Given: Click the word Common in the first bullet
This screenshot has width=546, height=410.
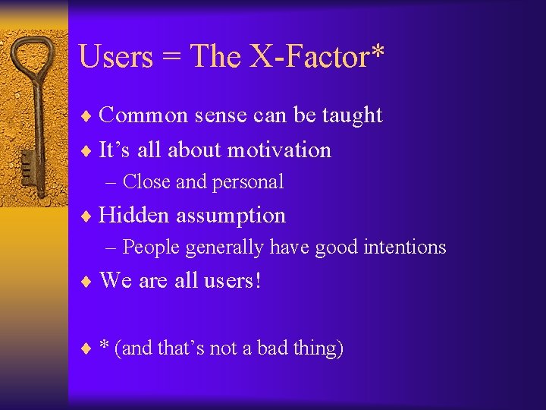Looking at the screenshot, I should [x=143, y=115].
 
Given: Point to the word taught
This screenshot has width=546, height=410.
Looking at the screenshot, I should [x=352, y=115].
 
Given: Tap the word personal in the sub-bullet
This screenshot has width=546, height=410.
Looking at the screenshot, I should [x=248, y=182].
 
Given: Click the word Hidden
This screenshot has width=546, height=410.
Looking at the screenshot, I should [x=134, y=216].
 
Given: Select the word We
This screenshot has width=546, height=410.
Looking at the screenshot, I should [x=116, y=281].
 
